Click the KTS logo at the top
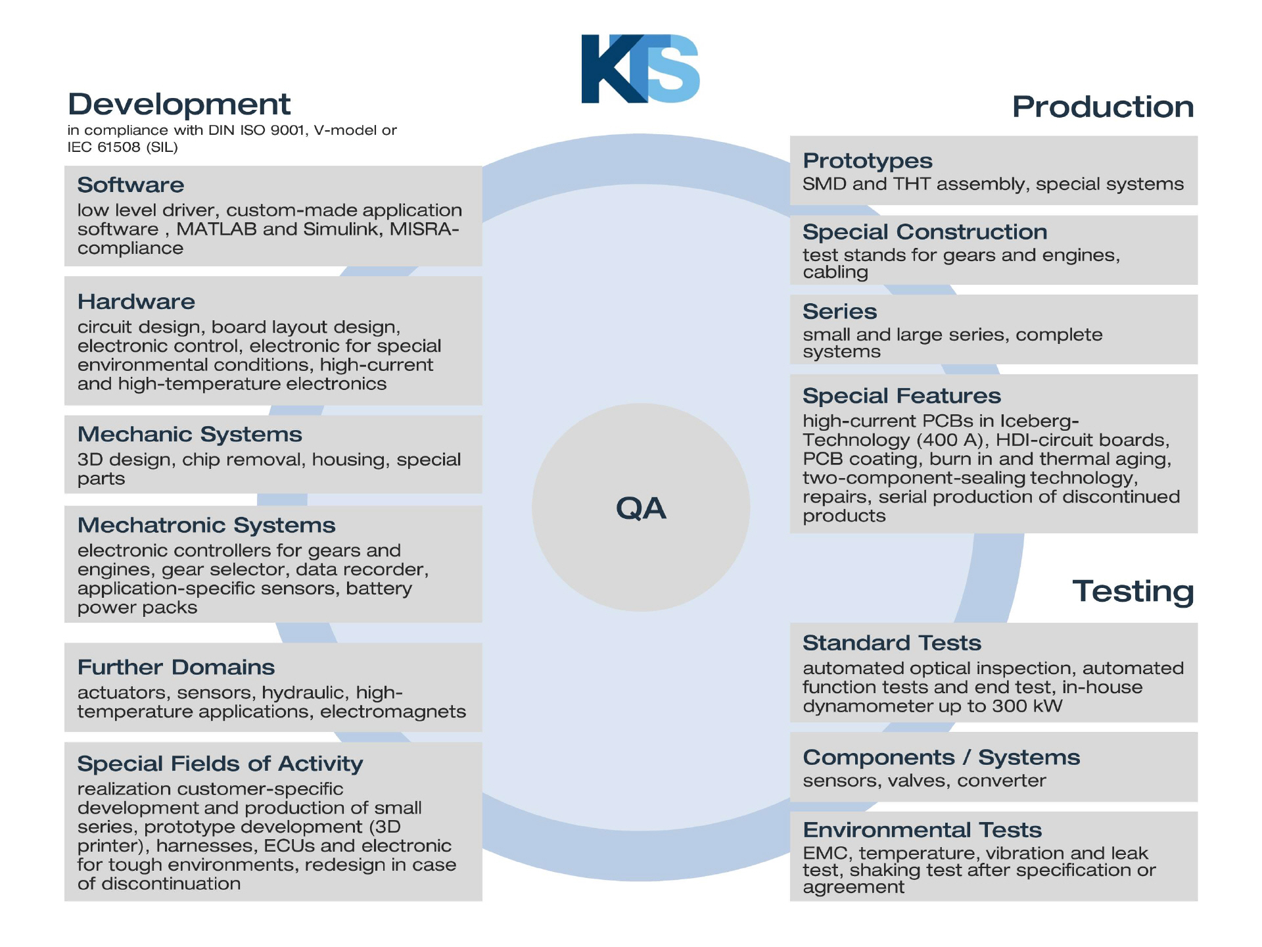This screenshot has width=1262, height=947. click(640, 69)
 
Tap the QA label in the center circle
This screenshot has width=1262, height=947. click(641, 508)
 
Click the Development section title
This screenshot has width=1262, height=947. click(179, 105)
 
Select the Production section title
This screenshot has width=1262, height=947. click(1102, 107)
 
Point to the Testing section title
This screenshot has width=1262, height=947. click(1133, 591)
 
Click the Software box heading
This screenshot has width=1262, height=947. click(131, 185)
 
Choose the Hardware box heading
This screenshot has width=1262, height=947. click(136, 302)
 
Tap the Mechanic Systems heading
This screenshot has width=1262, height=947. click(189, 435)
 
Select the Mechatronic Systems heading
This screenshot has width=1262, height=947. click(206, 525)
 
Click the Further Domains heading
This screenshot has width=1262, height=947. click(176, 668)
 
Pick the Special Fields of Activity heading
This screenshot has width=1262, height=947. click(220, 764)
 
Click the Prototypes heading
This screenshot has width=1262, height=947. click(867, 161)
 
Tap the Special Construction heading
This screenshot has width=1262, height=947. click(925, 232)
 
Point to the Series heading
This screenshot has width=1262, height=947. click(839, 312)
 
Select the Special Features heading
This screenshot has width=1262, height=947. click(901, 396)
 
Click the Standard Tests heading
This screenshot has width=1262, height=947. click(891, 643)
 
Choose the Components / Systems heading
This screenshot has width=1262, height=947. click(941, 758)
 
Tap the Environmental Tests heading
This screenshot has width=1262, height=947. click(922, 830)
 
